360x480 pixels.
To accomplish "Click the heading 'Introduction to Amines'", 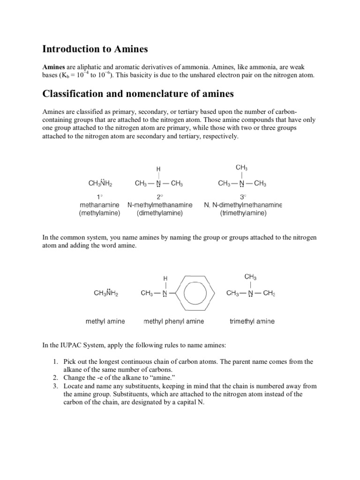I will [95, 48].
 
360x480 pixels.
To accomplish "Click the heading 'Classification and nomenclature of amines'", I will [138, 94].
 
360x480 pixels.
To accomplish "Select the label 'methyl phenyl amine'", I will [173, 322].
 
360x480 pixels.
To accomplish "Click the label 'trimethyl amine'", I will [252, 322].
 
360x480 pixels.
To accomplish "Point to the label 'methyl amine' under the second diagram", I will [105, 322].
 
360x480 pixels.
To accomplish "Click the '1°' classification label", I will [100, 197].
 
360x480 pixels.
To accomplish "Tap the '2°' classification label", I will [160, 197].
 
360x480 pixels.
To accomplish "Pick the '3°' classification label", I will [243, 197].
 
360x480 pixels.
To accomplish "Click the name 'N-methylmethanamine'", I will [160, 205].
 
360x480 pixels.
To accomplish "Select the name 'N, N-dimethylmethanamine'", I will [243, 205].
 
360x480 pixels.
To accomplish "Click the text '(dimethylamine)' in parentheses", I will [160, 213].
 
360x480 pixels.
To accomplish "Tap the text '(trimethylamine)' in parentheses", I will [243, 213].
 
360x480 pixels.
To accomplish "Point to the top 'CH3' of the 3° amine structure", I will [241, 167].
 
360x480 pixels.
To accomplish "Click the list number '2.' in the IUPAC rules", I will [55, 378].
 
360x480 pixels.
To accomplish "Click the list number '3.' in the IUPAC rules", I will [55, 386].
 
